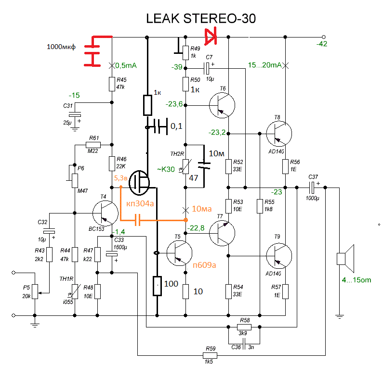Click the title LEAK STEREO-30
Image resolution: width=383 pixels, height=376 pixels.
(x=201, y=19)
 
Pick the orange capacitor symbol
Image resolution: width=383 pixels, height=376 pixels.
(x=138, y=220)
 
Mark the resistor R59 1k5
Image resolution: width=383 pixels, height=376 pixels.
(x=210, y=356)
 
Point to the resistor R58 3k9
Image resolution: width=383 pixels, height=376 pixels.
(x=244, y=327)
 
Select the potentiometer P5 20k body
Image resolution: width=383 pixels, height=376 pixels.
(x=35, y=288)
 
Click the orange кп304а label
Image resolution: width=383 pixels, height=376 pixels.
(x=140, y=203)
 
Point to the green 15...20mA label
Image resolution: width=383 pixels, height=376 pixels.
(x=264, y=65)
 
